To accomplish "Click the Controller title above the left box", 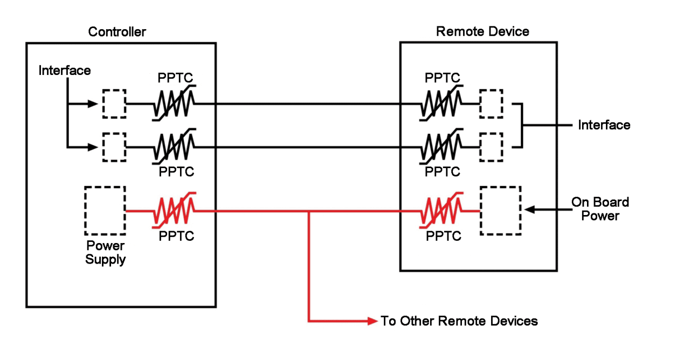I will click(x=117, y=32).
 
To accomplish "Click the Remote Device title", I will click(x=482, y=31).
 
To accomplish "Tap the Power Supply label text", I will click(x=106, y=253).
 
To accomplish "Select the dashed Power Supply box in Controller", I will click(x=105, y=211).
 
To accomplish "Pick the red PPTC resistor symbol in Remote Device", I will click(x=441, y=210).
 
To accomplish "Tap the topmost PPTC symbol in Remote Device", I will click(x=441, y=103).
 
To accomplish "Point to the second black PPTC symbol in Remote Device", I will click(x=441, y=146).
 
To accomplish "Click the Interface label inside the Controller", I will click(x=65, y=71).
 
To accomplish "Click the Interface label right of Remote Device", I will click(x=604, y=125).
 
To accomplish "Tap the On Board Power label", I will click(x=600, y=209).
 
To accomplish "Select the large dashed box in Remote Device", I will click(x=501, y=211).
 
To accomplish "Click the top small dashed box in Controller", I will click(x=114, y=103).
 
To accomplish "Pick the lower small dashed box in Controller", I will click(x=114, y=147).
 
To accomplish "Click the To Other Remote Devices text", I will click(x=459, y=321).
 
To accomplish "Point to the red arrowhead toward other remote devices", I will click(x=372, y=321).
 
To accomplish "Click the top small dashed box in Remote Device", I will click(x=491, y=103).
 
